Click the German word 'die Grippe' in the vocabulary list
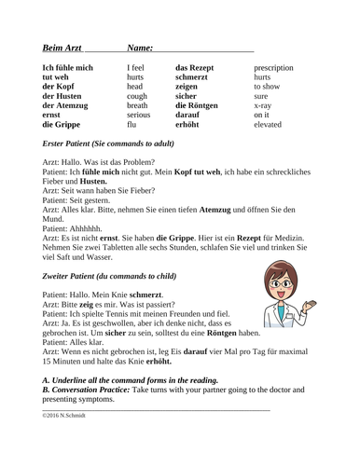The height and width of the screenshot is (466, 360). (62, 123)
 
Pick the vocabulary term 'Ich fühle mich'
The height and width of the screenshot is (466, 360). (68, 67)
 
